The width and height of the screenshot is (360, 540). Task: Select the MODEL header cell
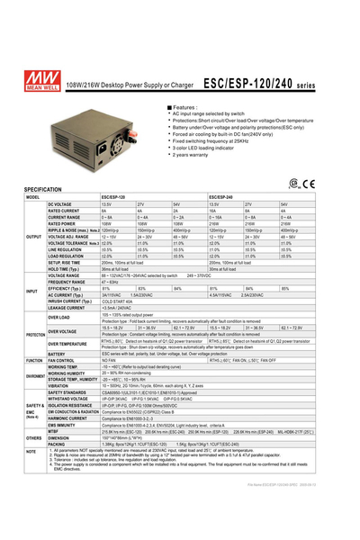pos(34,198)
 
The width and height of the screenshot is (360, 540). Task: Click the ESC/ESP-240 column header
pos(225,198)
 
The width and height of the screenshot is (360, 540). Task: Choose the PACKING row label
pos(56,444)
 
